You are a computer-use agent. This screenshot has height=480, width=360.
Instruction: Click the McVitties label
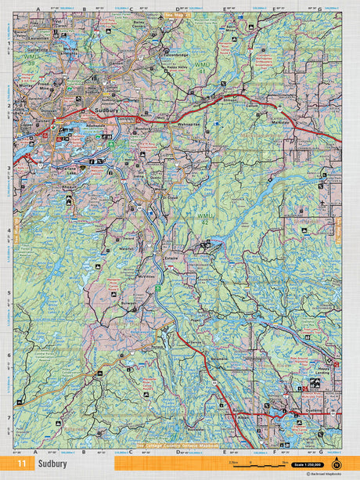[x=146, y=276]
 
